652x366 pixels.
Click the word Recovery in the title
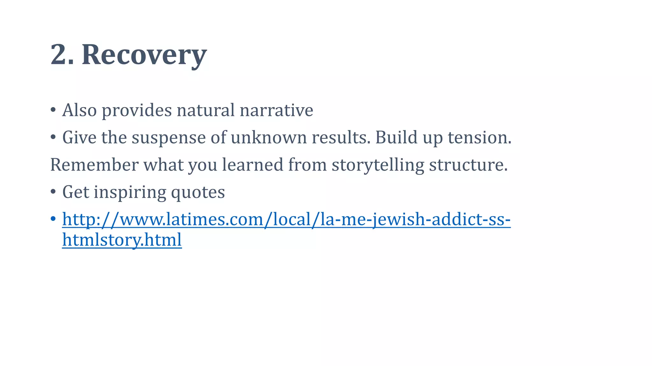[144, 55]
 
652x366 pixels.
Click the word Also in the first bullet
[79, 110]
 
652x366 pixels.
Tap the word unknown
[268, 138]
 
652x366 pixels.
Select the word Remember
[94, 165]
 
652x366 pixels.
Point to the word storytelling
[378, 165]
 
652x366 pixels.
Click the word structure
[468, 165]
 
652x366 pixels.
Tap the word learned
[252, 165]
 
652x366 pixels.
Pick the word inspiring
[130, 192]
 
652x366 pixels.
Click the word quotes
[198, 192]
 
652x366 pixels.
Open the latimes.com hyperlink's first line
[286, 220]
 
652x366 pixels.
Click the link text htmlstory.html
[122, 240]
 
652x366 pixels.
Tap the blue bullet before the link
[53, 219]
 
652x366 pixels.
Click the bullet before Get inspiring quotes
[53, 192]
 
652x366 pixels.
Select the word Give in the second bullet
[79, 138]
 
